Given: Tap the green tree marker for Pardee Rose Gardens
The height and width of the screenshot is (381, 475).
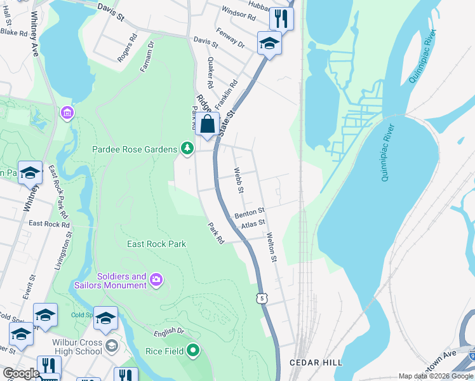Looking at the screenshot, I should tap(187, 149).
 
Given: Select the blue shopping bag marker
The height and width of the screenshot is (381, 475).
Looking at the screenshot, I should tap(208, 124).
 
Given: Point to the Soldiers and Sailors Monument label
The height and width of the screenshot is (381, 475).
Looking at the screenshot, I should tap(121, 281).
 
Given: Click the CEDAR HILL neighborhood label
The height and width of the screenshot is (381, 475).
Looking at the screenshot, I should tap(316, 363).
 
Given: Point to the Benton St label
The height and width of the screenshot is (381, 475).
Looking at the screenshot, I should tap(250, 213).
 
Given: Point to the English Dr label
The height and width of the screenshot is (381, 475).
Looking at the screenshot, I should tap(168, 332).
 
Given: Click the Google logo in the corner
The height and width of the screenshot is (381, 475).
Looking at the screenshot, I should tap(21, 373).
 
